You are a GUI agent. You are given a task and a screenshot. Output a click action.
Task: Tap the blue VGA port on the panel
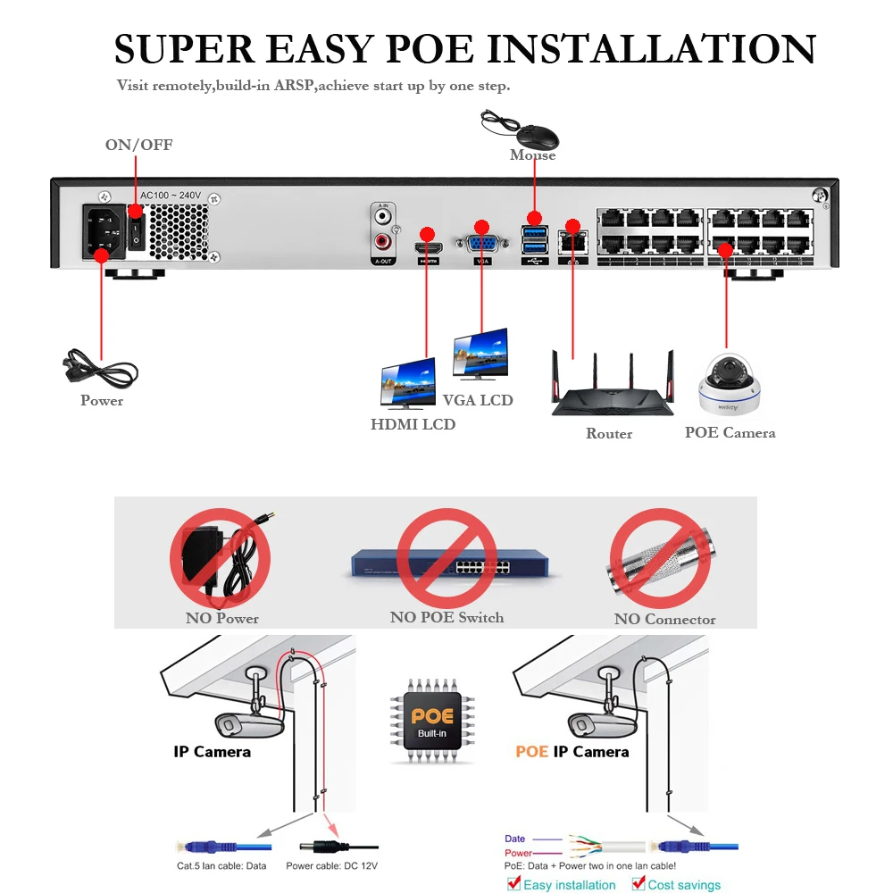tap(482, 243)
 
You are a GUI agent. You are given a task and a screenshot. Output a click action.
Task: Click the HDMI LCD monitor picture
tap(409, 383)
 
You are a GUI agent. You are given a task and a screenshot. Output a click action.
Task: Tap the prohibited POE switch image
tap(446, 562)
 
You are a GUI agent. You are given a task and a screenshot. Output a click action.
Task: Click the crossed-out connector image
tap(660, 562)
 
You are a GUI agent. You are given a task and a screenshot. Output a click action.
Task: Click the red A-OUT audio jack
tap(383, 240)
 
